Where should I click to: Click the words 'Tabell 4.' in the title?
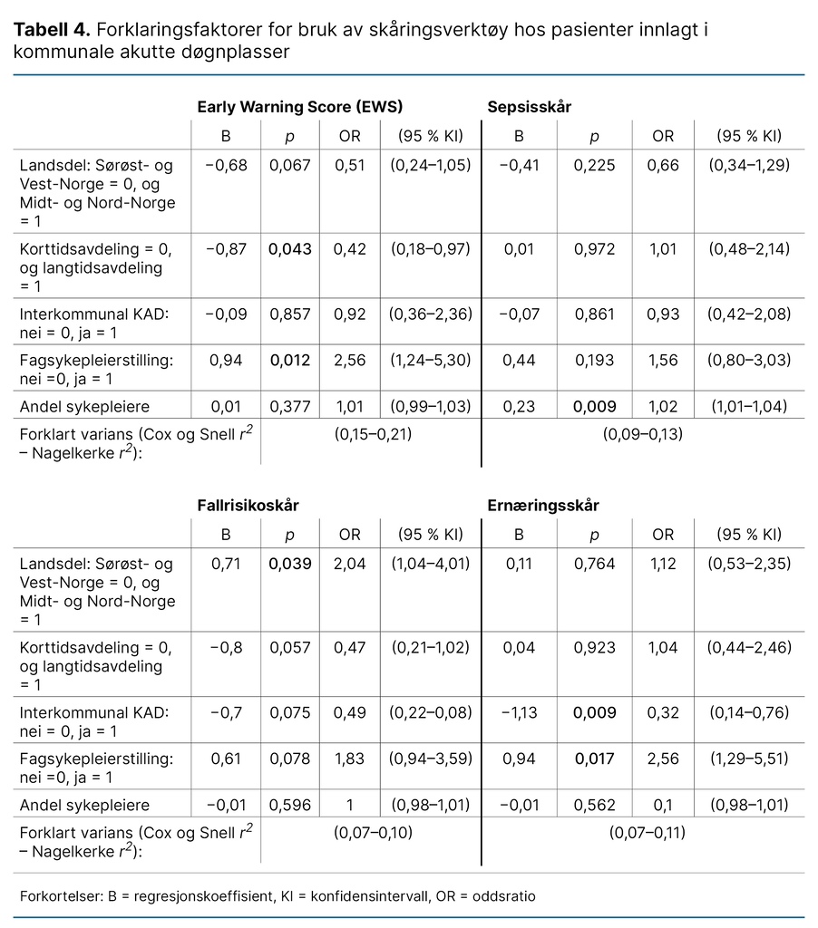(x=51, y=30)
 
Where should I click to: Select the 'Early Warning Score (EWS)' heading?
(x=300, y=106)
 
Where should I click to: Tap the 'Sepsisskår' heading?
(x=530, y=106)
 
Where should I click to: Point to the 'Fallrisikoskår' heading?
(x=248, y=505)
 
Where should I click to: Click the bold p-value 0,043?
(x=290, y=249)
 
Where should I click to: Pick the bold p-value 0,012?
(x=290, y=361)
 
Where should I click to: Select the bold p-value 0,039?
(x=290, y=564)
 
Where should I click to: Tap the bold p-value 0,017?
(x=595, y=759)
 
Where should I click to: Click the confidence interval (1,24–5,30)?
(x=431, y=361)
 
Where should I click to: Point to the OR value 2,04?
(x=350, y=564)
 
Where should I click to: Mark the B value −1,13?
(x=520, y=712)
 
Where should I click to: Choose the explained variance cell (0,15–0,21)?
(x=373, y=434)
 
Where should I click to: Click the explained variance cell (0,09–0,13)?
(x=643, y=434)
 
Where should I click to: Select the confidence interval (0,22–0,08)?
(x=431, y=712)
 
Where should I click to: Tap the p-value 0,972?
(x=595, y=249)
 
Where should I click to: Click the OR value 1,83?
(x=350, y=759)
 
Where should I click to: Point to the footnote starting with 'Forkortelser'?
(x=278, y=896)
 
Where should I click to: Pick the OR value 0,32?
(x=664, y=712)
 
